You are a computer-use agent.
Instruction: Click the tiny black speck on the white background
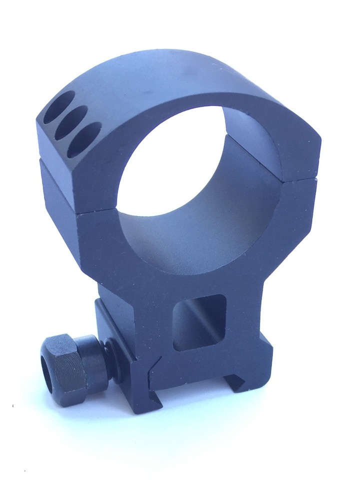tap(11, 404)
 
